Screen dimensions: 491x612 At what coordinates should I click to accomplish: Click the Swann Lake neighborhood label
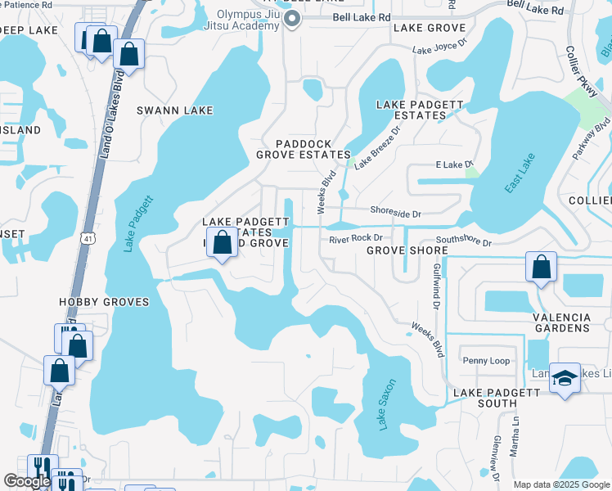(x=174, y=110)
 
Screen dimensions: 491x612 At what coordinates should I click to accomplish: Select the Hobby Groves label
(x=104, y=302)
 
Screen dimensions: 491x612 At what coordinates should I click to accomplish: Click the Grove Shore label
(x=407, y=250)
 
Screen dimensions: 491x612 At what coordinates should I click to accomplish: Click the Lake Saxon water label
(x=387, y=404)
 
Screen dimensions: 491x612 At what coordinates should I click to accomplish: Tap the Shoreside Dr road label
(x=395, y=214)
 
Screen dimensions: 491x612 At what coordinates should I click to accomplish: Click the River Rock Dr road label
(x=351, y=239)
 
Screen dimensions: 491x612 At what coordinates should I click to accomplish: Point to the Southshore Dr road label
(x=463, y=242)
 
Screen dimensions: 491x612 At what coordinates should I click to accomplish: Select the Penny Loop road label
(x=486, y=361)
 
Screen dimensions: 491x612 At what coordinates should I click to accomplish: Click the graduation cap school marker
(x=565, y=378)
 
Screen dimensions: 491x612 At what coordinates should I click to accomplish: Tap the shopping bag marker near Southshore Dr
(x=541, y=267)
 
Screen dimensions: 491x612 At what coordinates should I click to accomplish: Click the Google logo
(x=28, y=481)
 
